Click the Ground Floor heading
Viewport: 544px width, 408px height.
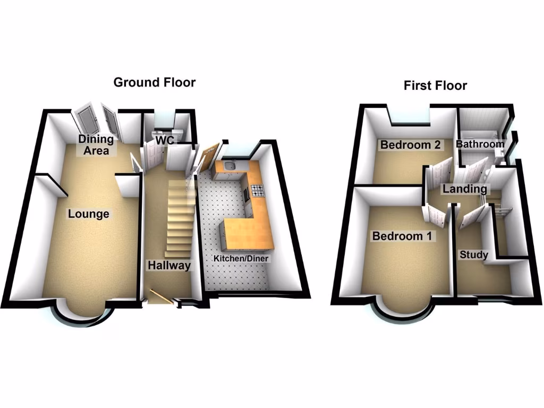[x=154, y=82]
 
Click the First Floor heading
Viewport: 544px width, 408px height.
[x=435, y=86]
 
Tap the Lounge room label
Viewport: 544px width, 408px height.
[x=88, y=214]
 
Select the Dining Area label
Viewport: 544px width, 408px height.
[x=96, y=144]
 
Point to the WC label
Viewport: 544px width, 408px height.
[x=165, y=140]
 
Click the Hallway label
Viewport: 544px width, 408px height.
[x=169, y=266]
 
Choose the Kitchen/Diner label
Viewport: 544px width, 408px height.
[x=241, y=259]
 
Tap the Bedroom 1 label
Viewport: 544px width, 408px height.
[x=402, y=236]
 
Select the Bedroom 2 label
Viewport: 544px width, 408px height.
[x=410, y=144]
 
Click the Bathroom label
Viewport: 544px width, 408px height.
[x=480, y=144]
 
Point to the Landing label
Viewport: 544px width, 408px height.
[x=465, y=189]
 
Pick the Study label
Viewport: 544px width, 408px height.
[x=474, y=254]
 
